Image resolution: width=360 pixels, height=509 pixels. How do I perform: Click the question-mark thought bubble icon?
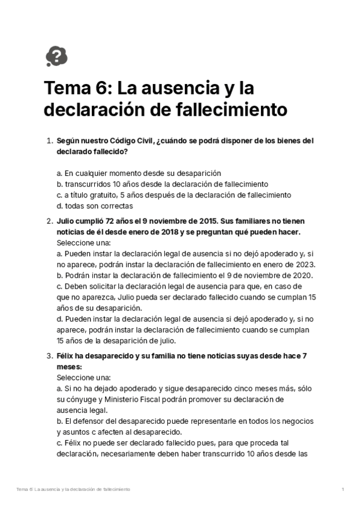[56, 56]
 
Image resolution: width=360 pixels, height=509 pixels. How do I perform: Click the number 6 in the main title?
[100, 89]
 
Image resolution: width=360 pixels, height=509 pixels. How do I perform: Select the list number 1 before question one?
[50, 141]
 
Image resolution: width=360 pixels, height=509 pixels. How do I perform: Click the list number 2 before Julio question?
[50, 221]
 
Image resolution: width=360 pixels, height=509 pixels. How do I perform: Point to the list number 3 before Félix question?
[50, 356]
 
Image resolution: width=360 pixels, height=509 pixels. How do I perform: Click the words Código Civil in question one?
[131, 141]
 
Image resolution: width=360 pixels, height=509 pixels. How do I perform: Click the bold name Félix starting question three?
[67, 356]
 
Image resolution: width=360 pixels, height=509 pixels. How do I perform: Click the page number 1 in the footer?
[343, 490]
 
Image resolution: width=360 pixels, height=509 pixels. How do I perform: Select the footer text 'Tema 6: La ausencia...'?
[74, 490]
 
